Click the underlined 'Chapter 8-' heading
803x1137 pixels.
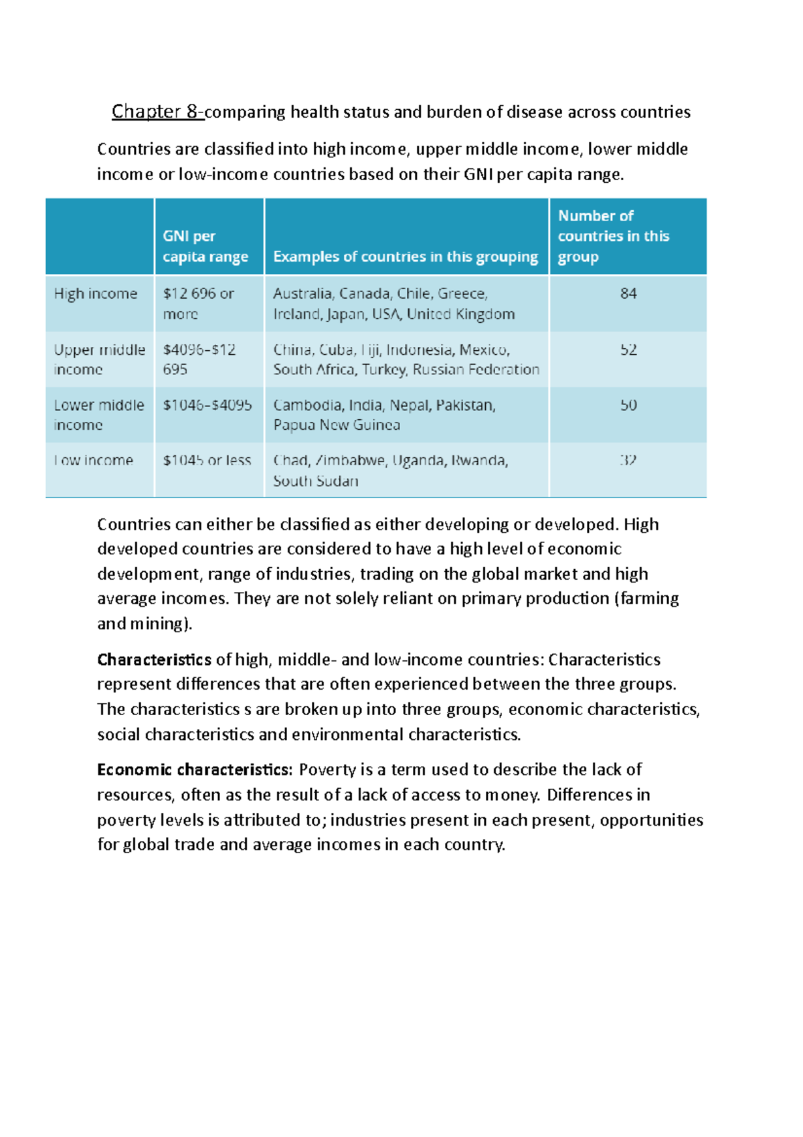point(158,111)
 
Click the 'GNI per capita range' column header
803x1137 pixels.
point(205,246)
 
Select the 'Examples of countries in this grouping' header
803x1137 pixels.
point(406,256)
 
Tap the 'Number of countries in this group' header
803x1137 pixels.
point(614,236)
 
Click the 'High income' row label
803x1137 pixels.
point(96,293)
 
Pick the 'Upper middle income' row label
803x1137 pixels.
point(99,360)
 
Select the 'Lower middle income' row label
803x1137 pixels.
point(99,415)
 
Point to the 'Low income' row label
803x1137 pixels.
point(94,461)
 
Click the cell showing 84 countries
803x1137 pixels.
point(628,293)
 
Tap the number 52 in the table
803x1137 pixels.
point(628,350)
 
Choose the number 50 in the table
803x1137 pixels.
point(628,405)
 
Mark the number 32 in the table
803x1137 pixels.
point(628,461)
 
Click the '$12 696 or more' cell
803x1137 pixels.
point(198,303)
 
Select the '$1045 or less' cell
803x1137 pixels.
point(207,461)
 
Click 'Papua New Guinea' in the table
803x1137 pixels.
point(337,425)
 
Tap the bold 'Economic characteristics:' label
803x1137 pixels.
point(195,769)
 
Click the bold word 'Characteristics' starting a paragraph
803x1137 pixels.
point(154,660)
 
